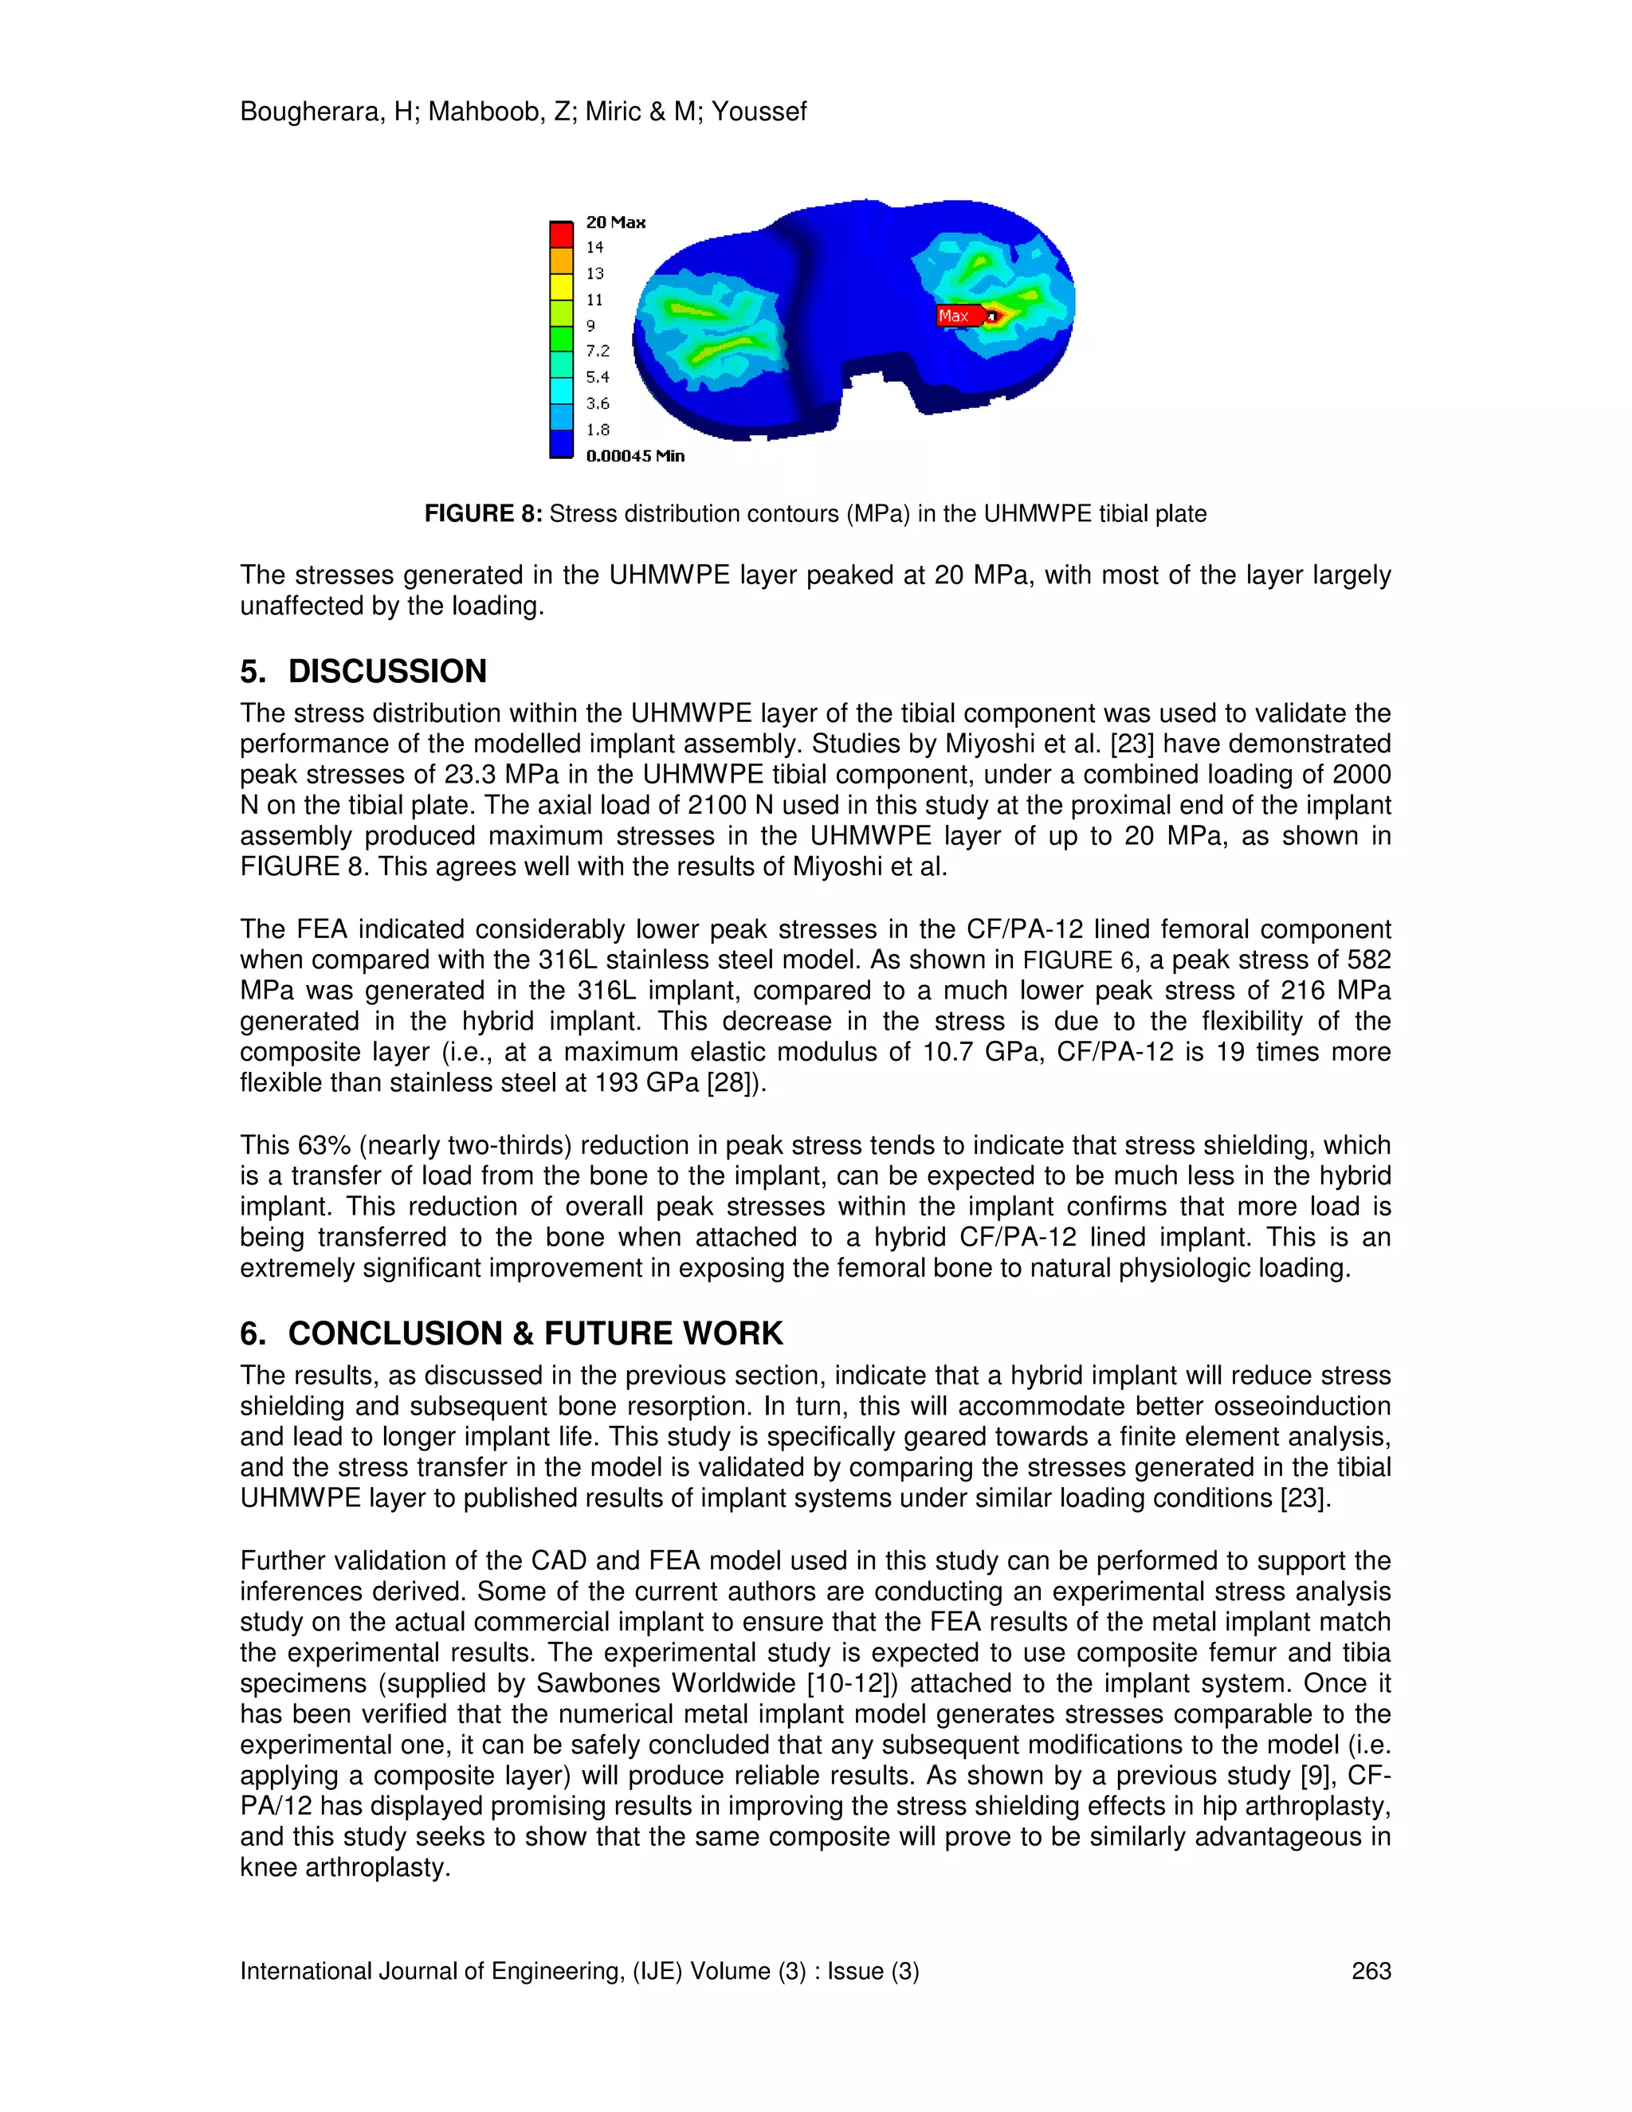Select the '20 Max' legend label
point(615,222)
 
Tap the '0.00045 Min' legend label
point(634,455)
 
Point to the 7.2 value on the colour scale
point(598,351)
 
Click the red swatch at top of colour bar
point(562,235)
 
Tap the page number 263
point(1370,1971)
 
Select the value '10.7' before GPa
point(948,1052)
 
